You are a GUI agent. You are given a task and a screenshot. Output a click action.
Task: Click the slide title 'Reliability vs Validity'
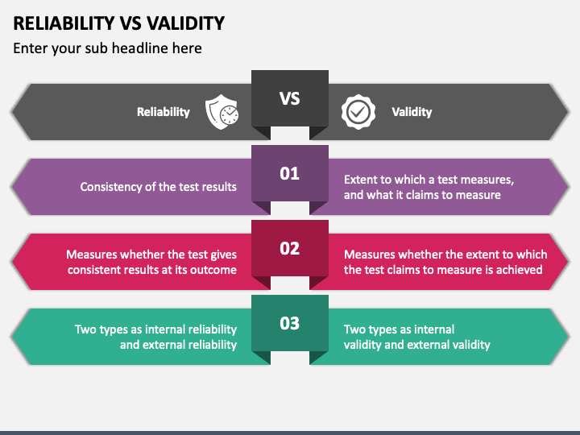(118, 23)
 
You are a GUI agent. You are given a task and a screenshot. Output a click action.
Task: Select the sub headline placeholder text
(107, 48)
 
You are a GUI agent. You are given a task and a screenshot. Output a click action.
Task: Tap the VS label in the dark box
(289, 98)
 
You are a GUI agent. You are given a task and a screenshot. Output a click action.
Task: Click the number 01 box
(289, 173)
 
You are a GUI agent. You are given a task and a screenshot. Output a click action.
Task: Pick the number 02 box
(289, 248)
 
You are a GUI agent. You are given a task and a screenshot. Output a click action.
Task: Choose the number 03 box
(289, 323)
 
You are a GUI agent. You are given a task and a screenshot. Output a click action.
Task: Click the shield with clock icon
(222, 112)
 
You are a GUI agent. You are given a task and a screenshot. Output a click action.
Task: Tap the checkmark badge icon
(358, 112)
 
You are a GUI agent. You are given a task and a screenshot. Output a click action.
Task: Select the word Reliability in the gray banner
(164, 112)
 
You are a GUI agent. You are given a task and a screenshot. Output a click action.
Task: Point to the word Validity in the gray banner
(412, 112)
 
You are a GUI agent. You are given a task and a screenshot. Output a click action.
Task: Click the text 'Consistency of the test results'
(159, 187)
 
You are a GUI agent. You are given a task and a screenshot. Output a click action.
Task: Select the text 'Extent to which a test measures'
(429, 180)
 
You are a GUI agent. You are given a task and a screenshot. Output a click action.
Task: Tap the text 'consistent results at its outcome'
(152, 270)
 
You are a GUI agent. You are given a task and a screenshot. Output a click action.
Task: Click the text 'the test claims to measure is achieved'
(443, 270)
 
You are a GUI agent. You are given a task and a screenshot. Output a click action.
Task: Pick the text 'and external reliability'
(178, 345)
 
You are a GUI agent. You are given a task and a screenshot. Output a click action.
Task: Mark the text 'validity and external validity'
(416, 345)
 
